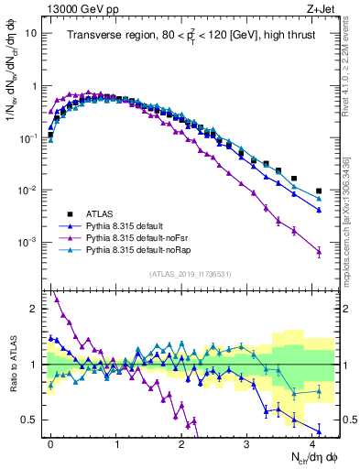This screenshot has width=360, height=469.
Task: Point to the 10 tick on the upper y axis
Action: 32,32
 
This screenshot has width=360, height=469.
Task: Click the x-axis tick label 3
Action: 246,442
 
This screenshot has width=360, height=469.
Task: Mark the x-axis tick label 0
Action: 49,442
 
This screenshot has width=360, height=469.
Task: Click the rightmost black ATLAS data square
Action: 319,191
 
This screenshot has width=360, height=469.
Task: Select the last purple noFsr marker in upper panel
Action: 319,251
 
